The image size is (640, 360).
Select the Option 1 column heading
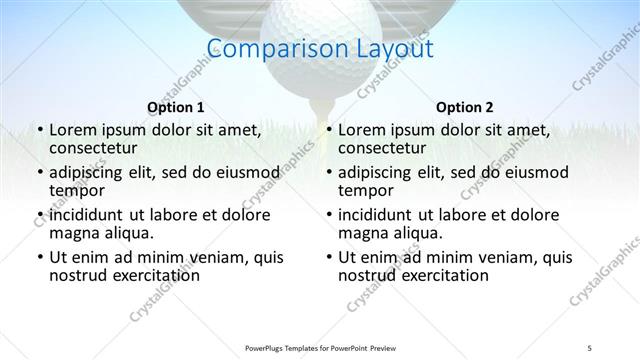176,107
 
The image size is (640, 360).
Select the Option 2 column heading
465,107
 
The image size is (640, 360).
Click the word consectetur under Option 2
382,148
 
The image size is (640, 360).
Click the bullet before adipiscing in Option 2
328,172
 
